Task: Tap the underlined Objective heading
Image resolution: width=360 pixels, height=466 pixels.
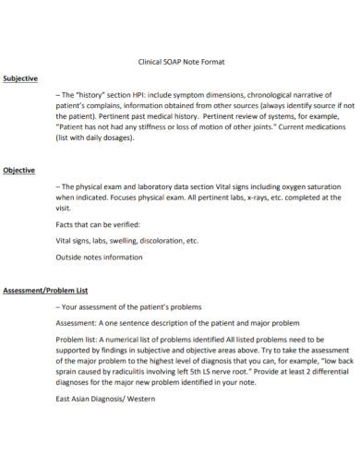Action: [18, 170]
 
